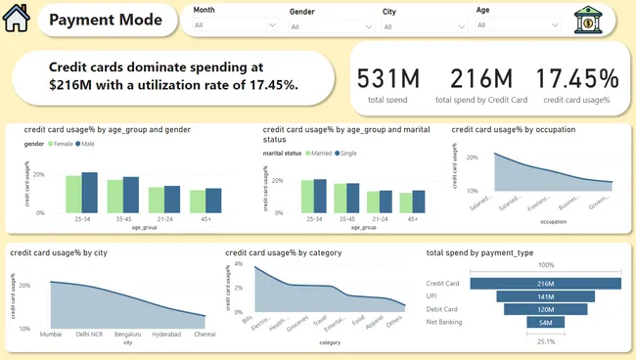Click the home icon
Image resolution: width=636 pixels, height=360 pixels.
coord(18,19)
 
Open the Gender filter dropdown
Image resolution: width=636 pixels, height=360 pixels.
coord(327,25)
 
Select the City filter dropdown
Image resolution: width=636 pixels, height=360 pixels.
coord(420,25)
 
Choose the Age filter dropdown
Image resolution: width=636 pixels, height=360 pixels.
coord(514,25)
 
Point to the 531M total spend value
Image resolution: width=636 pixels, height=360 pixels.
coord(386,78)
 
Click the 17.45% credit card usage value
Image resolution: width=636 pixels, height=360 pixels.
coord(576,78)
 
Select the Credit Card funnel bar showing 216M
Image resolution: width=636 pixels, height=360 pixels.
coord(545,282)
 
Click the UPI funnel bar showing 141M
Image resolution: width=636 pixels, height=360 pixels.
coord(545,295)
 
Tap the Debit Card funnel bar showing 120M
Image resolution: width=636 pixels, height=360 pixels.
coord(545,308)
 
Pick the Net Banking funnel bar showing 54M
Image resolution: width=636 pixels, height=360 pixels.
coord(545,321)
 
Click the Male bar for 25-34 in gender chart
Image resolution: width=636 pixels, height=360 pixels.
coord(90,192)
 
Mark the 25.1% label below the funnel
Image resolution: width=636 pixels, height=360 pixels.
coord(545,340)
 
